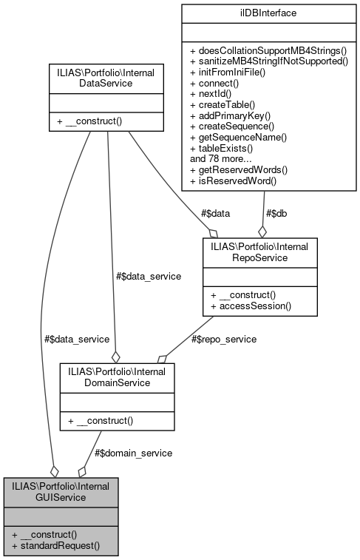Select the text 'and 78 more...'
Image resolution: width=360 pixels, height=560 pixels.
pyautogui.click(x=221, y=158)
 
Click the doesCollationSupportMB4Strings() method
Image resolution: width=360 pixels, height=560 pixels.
pyautogui.click(x=268, y=52)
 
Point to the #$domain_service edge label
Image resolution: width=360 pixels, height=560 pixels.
pyautogui.click(x=134, y=452)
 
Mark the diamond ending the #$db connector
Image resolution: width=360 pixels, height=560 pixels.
pyautogui.click(x=262, y=231)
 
